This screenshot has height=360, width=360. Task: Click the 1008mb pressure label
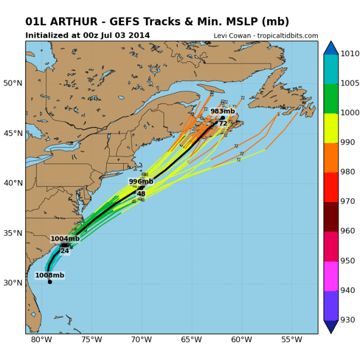[49, 275]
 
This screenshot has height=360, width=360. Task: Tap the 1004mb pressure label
[65, 238]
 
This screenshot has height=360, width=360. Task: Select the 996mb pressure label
[141, 181]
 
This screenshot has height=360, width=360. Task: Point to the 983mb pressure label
[222, 111]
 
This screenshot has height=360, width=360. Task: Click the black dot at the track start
[50, 282]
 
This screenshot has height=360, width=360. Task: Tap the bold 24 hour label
[65, 251]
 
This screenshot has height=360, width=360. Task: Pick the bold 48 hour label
[141, 193]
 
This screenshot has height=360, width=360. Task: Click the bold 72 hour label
[223, 123]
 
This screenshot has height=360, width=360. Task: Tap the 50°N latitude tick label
[13, 83]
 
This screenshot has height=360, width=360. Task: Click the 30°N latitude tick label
[13, 282]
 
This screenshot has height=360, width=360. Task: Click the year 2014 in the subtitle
[141, 35]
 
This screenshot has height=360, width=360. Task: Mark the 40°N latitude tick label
[13, 183]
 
